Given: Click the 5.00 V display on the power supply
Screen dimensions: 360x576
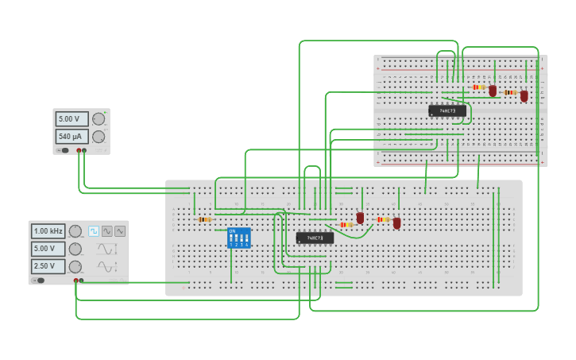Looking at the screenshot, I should click(x=71, y=119).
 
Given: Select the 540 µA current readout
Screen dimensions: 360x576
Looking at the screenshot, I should click(x=71, y=137).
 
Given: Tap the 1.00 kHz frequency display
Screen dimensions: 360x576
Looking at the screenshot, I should click(x=48, y=231).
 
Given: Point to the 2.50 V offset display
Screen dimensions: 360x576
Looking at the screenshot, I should click(x=48, y=266).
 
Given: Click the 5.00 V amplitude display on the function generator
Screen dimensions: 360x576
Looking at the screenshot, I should click(x=48, y=249).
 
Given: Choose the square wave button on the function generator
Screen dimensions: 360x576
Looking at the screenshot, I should click(x=94, y=231).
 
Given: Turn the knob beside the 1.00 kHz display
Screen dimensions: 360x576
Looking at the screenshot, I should click(x=75, y=231).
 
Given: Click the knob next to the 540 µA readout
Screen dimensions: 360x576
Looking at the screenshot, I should click(x=99, y=137).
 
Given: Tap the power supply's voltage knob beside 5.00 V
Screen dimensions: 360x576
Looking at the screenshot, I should click(x=99, y=119).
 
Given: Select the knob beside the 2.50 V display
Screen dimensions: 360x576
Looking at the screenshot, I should click(x=75, y=266).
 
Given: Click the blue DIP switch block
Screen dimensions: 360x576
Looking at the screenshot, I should click(x=238, y=238).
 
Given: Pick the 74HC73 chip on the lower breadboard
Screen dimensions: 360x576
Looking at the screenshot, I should click(x=315, y=238).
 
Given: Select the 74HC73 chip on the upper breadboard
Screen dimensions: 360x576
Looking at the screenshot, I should click(x=447, y=111).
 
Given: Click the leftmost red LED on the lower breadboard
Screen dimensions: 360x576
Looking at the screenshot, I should click(x=360, y=218).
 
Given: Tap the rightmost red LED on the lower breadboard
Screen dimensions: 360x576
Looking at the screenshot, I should click(x=396, y=223).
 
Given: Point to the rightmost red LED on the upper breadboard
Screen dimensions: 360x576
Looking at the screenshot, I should click(x=524, y=96).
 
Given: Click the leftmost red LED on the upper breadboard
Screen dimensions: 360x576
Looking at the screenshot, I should click(x=493, y=91).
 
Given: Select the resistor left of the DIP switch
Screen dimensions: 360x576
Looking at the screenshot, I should click(x=204, y=219).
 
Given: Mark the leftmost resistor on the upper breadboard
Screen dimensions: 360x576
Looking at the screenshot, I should click(x=477, y=87).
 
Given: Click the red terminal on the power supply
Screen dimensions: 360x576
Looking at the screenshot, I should click(x=79, y=150).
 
